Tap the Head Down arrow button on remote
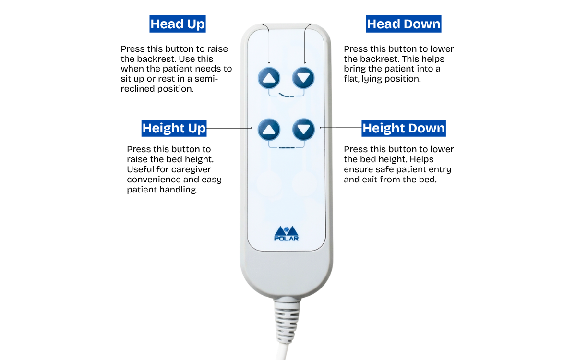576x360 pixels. [303, 77]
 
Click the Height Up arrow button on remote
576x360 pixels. [269, 129]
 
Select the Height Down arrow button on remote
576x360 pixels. [303, 129]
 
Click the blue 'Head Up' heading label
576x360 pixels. [178, 24]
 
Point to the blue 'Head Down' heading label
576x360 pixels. [403, 24]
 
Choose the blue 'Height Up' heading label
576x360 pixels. [174, 128]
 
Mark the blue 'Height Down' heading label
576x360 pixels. [404, 128]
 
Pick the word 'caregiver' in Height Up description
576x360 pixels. [192, 169]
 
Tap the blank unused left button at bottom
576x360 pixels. [269, 184]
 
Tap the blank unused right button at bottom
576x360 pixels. [304, 184]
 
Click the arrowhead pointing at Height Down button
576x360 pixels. [321, 128]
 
